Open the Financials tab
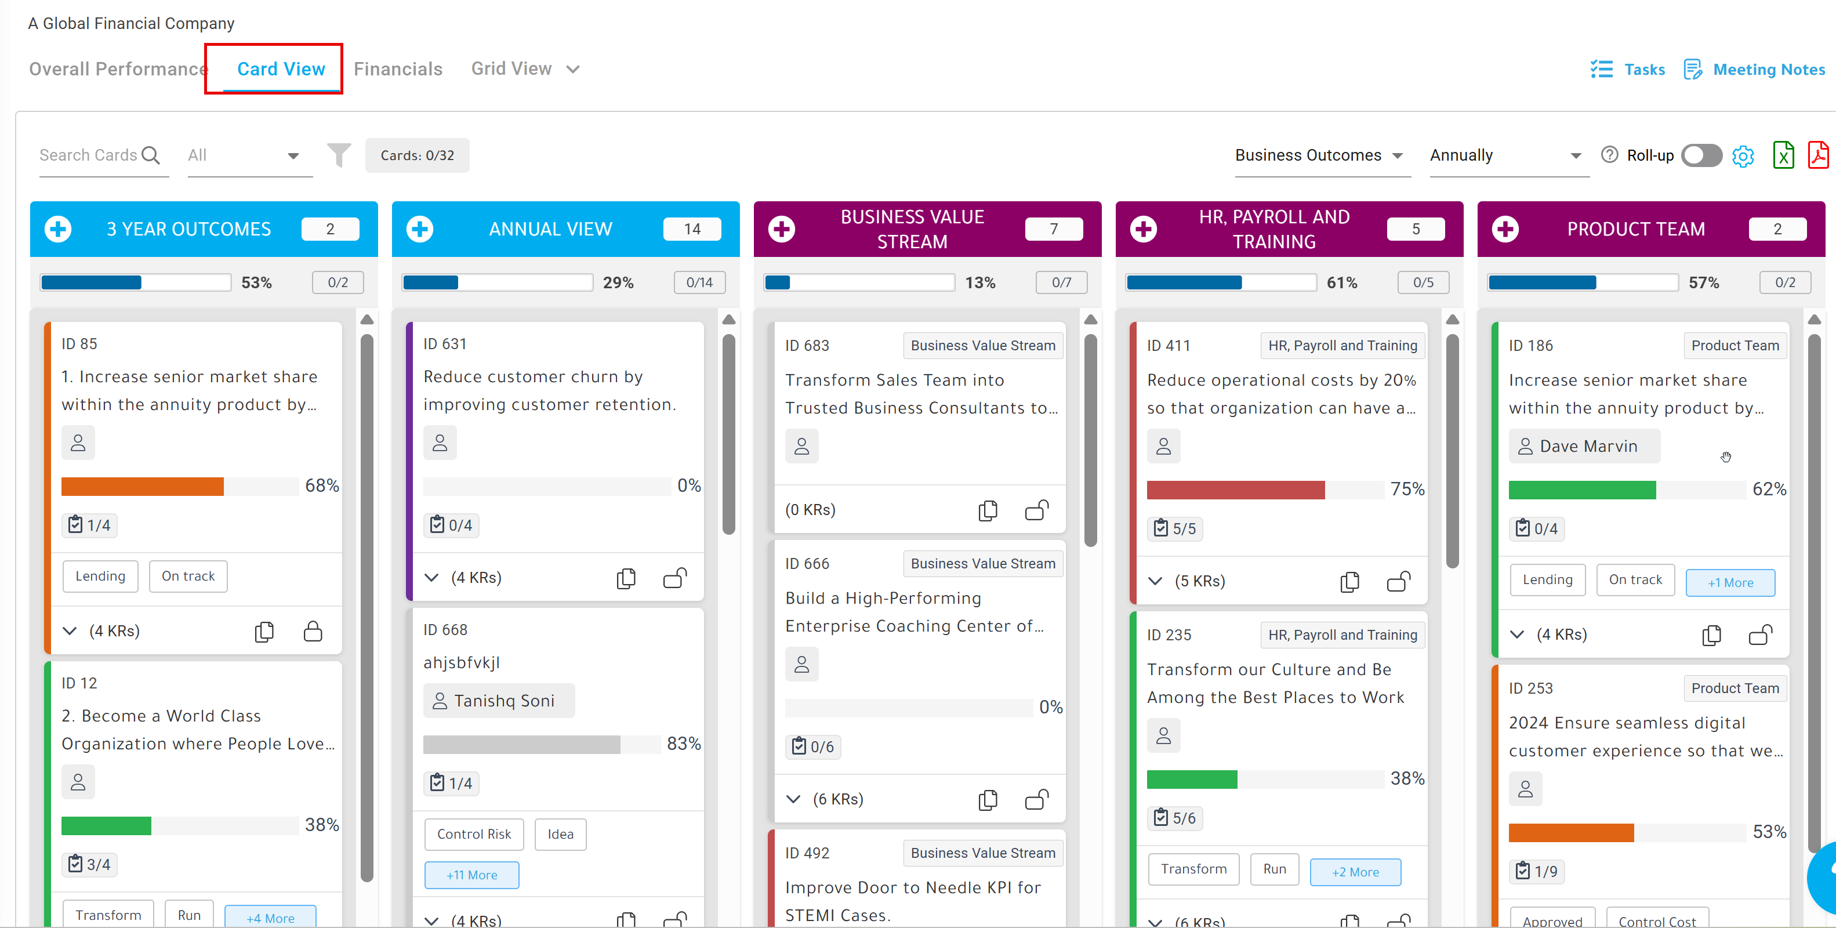click(x=398, y=69)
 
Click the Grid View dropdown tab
click(x=525, y=69)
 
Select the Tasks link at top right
click(x=1628, y=69)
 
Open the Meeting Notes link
click(x=1755, y=69)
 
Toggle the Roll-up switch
click(x=1701, y=155)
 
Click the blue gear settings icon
click(x=1743, y=156)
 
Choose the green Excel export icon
click(x=1783, y=155)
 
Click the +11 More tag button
click(x=472, y=875)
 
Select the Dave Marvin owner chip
click(x=1584, y=446)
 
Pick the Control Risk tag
click(x=474, y=834)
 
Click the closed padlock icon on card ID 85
click(x=313, y=631)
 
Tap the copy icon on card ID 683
click(x=988, y=510)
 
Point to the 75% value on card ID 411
click(x=1407, y=489)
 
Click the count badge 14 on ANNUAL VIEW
click(x=692, y=229)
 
